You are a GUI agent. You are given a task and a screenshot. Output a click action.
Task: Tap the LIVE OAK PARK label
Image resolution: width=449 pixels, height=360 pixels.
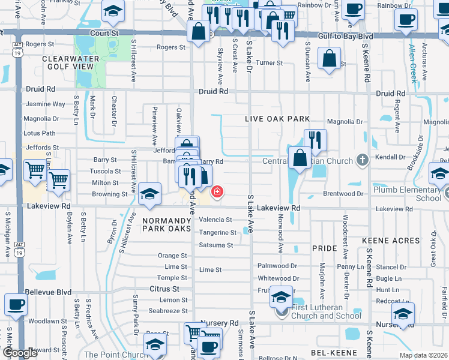click(277, 119)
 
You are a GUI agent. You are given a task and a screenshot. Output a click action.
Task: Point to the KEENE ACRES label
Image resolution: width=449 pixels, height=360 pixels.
click(391, 241)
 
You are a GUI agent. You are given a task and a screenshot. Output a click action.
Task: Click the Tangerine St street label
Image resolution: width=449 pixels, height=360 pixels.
click(218, 232)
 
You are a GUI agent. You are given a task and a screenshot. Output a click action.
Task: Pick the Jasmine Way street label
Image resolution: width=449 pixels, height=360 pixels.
click(46, 104)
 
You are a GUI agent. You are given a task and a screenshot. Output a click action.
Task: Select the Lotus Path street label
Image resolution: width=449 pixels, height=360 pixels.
click(39, 133)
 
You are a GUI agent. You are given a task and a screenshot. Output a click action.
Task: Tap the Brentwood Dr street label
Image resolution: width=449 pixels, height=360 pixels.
click(343, 194)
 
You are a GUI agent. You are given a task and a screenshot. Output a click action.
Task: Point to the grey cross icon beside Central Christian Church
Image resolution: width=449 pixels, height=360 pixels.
click(361, 160)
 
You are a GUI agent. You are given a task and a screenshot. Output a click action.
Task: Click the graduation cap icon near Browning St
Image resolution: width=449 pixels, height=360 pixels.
click(149, 193)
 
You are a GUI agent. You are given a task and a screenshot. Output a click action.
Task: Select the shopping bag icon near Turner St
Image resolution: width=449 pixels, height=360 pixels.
click(329, 59)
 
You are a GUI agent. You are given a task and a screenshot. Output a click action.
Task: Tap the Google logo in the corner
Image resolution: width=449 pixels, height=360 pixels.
click(20, 353)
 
